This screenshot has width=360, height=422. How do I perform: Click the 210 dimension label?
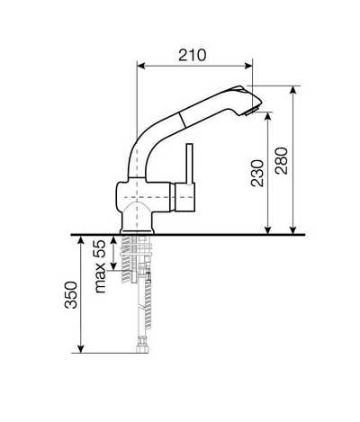(193, 55)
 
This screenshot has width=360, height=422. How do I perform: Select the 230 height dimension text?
(257, 174)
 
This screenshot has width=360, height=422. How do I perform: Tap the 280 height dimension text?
(282, 160)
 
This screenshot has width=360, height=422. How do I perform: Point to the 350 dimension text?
(71, 295)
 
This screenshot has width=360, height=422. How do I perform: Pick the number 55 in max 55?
(99, 249)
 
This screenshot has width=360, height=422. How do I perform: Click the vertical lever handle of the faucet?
(189, 164)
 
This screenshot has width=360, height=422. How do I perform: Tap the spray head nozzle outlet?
(250, 112)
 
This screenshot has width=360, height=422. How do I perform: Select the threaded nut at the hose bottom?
(142, 348)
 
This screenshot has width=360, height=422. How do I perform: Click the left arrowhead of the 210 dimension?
(140, 66)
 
